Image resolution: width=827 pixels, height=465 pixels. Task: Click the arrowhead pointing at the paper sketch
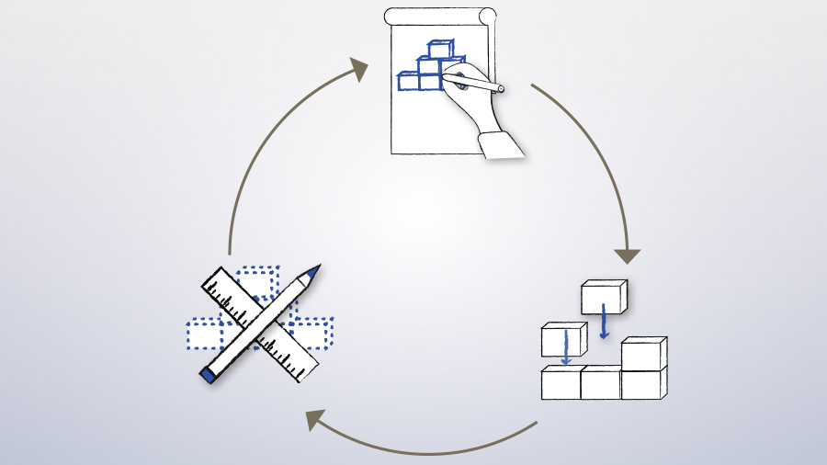click(357, 69)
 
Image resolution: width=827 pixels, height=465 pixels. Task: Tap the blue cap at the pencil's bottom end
click(208, 374)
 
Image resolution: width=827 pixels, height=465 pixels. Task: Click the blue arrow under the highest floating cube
click(604, 322)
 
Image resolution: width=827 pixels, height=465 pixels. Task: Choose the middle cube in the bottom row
click(600, 382)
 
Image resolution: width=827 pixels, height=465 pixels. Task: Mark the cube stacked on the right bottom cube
click(642, 354)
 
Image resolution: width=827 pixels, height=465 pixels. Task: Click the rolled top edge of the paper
click(439, 17)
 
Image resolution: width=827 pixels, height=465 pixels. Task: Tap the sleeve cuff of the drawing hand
click(502, 143)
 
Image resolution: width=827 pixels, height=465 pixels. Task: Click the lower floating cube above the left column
click(562, 338)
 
